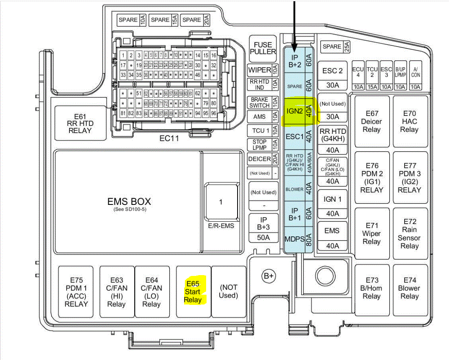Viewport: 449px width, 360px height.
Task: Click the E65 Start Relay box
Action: click(193, 291)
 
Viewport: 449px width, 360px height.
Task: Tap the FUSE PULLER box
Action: click(263, 48)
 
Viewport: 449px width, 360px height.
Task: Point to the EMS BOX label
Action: click(129, 202)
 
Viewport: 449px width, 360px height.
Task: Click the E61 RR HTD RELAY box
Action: click(80, 123)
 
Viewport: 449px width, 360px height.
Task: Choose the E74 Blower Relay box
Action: click(409, 288)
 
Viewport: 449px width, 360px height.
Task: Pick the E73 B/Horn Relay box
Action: click(371, 288)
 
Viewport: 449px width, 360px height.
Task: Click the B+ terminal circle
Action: click(269, 276)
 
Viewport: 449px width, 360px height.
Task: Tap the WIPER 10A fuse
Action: click(264, 70)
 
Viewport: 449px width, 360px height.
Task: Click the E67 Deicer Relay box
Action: click(371, 122)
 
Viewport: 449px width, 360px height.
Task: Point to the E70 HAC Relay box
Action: click(409, 122)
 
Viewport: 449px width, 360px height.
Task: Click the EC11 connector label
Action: click(169, 138)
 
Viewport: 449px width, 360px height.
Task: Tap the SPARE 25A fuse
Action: click(336, 47)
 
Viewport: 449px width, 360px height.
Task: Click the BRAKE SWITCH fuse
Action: click(264, 102)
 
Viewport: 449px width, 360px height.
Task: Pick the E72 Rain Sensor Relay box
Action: click(409, 233)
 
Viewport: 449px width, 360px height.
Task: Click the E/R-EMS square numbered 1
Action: click(221, 202)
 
